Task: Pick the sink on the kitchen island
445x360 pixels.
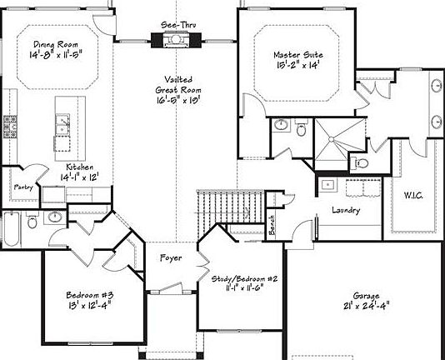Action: click(x=63, y=127)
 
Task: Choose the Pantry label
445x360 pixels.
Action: click(x=24, y=187)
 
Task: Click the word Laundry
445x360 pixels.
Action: click(x=345, y=211)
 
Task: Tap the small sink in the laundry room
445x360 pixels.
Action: click(x=328, y=184)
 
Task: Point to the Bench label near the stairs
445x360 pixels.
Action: click(x=272, y=224)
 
